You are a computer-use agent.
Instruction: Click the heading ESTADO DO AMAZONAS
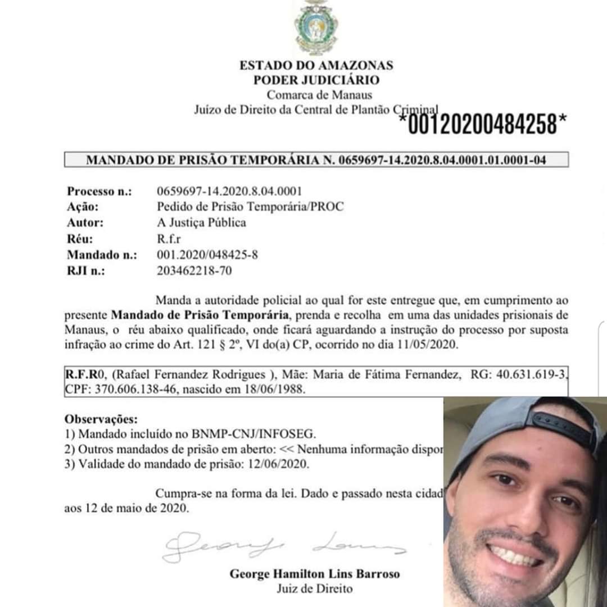316,65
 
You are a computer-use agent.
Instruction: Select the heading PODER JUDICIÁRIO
316,80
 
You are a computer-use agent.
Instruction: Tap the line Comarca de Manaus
319,95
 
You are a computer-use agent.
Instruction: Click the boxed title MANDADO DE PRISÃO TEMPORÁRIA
316,160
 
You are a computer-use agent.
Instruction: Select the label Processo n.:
99,191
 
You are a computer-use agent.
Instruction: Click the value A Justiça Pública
202,223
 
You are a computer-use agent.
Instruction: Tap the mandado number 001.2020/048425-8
208,255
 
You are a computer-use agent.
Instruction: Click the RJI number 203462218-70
194,271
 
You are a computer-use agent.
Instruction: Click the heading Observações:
101,419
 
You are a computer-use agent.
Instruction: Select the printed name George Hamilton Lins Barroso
315,574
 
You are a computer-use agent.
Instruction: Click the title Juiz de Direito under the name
315,589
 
